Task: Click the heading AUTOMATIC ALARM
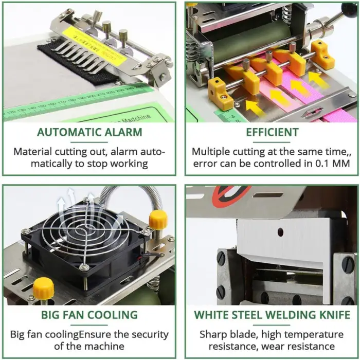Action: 89,132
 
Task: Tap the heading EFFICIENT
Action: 272,132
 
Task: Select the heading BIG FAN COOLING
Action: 89,315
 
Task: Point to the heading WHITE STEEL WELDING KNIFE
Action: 272,315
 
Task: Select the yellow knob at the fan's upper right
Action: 158,220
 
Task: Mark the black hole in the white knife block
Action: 281,232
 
